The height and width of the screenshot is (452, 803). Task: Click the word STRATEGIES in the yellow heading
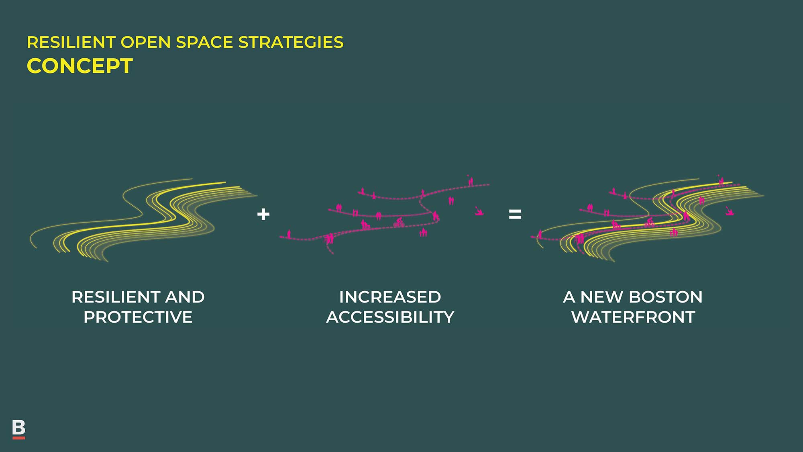[x=291, y=42]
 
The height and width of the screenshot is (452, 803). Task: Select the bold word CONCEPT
[x=79, y=66]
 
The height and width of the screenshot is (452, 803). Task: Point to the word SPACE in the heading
[x=205, y=42]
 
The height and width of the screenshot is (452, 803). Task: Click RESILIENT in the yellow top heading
[x=71, y=42]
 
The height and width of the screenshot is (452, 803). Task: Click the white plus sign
[x=263, y=214]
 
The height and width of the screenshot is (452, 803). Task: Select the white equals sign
[x=515, y=214]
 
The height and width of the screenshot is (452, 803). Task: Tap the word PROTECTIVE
[x=138, y=317]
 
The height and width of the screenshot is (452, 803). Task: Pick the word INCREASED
[x=390, y=297]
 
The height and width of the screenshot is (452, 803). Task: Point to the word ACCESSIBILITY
[x=390, y=317]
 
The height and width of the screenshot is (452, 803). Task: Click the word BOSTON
[x=666, y=297]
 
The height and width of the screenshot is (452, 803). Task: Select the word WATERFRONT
[x=633, y=317]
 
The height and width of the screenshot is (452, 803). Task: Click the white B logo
[x=18, y=427]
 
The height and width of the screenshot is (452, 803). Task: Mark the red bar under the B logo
[x=19, y=438]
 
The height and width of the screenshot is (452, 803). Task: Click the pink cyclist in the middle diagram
[x=399, y=222]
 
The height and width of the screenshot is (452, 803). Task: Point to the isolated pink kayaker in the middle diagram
[x=479, y=211]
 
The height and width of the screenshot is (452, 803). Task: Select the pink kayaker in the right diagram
[x=730, y=211]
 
